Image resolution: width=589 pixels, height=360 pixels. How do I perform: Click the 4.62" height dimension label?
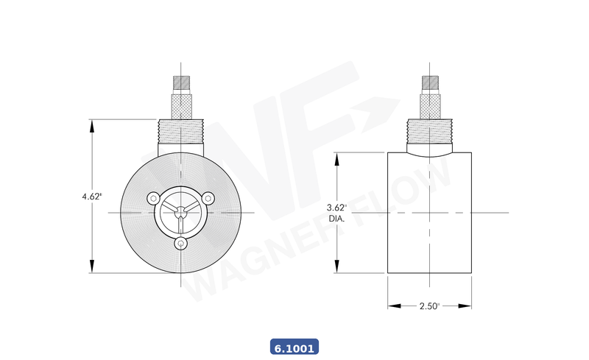92,197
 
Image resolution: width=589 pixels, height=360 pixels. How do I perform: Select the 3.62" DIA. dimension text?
336,213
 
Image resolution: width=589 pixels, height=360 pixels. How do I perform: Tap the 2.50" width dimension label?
429,306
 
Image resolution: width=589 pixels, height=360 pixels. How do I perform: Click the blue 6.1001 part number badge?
294,347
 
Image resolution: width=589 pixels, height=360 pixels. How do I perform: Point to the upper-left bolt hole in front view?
154,198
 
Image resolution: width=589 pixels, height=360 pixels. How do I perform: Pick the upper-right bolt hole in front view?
208,198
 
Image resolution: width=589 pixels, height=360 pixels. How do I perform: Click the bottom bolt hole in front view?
181,244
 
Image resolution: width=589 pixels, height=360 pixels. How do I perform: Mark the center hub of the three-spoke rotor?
181,213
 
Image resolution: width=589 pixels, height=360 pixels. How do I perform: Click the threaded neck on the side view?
430,133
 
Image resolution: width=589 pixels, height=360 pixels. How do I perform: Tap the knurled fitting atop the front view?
181,106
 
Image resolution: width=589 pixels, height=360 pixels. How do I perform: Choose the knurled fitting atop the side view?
430,106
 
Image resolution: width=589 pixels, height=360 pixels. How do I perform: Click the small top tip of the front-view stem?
181,81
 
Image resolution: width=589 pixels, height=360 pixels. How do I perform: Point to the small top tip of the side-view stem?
430,81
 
